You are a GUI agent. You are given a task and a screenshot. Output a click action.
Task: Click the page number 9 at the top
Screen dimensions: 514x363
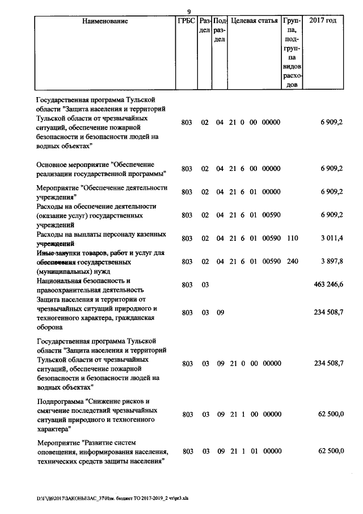[x=189, y=12]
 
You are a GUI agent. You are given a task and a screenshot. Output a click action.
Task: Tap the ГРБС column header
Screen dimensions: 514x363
[x=186, y=21]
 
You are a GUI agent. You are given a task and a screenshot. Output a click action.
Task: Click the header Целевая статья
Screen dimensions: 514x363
[x=254, y=21]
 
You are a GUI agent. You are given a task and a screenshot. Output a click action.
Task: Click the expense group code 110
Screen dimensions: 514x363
[x=292, y=239]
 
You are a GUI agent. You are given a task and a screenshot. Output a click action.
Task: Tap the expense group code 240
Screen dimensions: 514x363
[x=292, y=262]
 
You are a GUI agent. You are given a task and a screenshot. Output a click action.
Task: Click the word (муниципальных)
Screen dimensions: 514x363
[x=64, y=271]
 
